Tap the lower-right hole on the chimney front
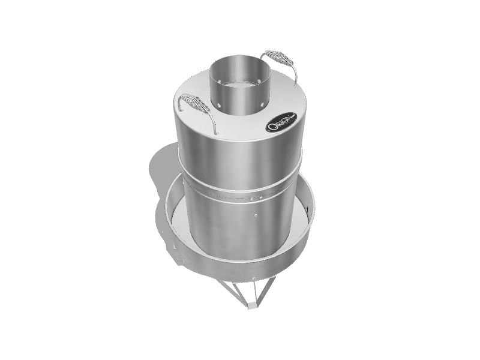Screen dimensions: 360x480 coord(265,103)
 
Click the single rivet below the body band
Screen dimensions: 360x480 coord(254,214)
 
